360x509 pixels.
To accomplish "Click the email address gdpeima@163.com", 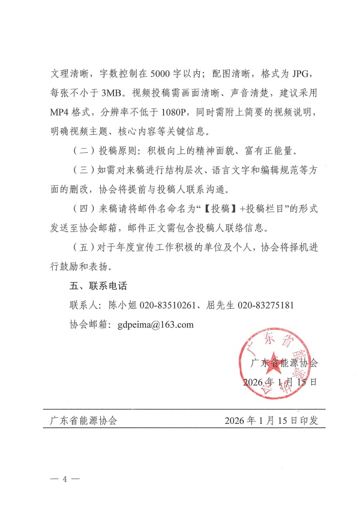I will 156,324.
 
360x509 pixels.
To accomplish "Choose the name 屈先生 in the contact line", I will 221,306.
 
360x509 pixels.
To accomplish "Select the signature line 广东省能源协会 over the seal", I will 283,363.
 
